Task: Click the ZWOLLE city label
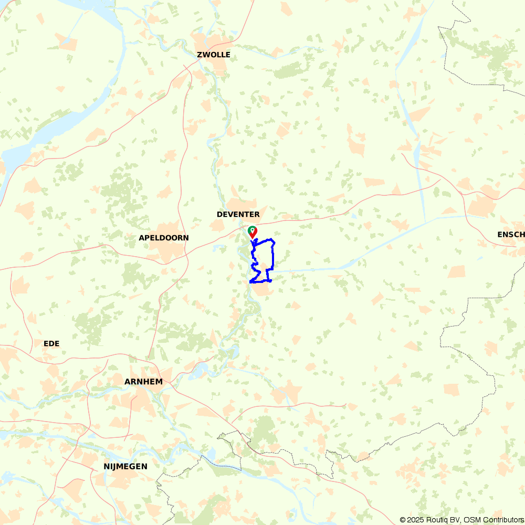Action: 213,55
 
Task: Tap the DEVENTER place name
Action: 238,214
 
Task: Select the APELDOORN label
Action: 163,238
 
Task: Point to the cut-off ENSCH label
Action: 510,235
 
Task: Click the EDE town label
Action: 51,343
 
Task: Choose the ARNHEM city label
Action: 143,382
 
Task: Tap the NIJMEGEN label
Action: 125,466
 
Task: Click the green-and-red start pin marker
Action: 252,232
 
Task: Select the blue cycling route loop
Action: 274,257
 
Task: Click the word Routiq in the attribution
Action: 438,520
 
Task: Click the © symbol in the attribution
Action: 403,520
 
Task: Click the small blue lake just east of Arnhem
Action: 199,371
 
